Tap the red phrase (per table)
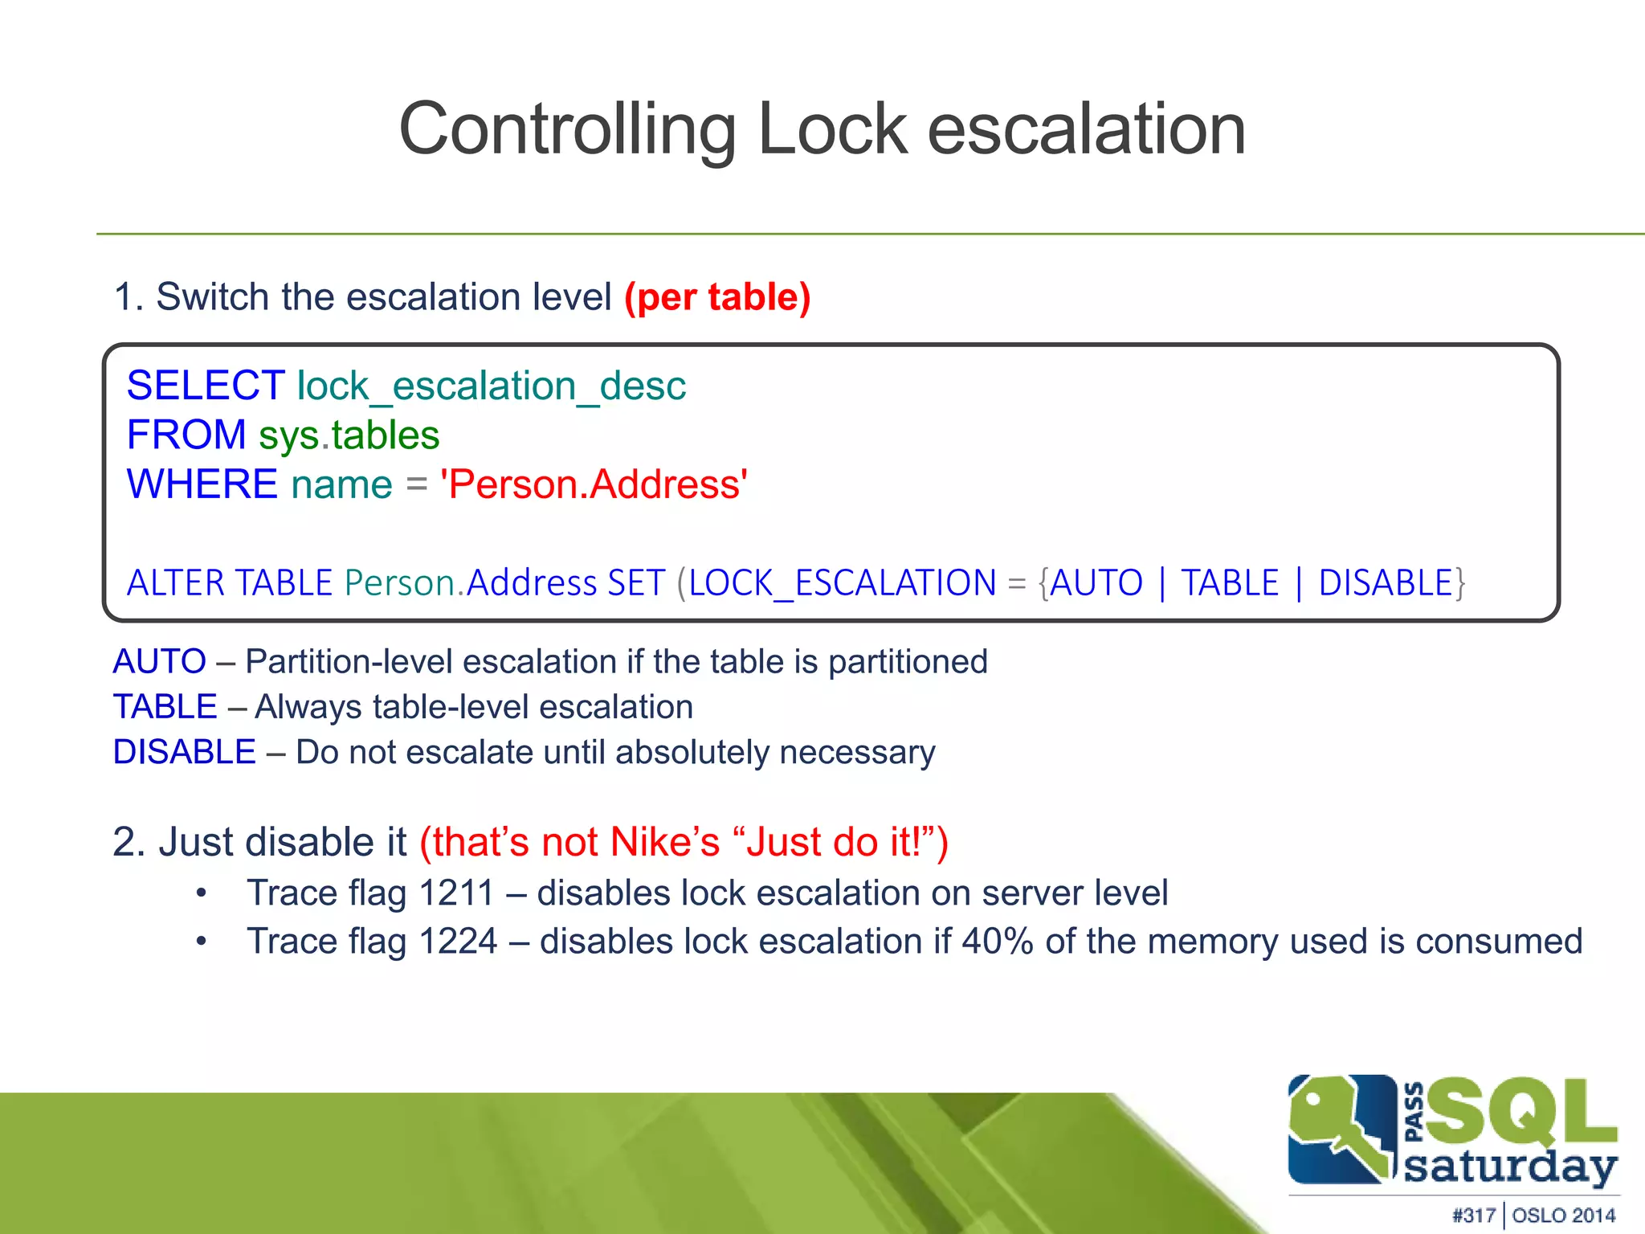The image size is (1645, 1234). coord(717,297)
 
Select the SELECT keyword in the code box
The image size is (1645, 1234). coord(206,386)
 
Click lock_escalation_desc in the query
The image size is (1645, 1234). coord(492,386)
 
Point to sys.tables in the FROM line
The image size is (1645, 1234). coord(349,435)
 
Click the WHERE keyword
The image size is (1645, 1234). coord(202,484)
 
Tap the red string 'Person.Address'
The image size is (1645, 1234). coord(594,484)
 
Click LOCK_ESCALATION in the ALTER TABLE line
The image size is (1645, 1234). coord(842,582)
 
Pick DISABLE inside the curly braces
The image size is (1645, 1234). coord(1386,582)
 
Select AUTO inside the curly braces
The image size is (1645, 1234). coord(1096,582)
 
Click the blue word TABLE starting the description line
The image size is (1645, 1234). coord(165,707)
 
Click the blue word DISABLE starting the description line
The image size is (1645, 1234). coord(184,752)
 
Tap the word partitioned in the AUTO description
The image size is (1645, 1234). coord(908,662)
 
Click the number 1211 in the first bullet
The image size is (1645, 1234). coord(456,893)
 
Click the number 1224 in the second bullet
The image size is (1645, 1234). coord(458,942)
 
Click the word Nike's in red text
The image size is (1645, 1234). coord(665,843)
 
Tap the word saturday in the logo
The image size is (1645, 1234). coord(1510,1167)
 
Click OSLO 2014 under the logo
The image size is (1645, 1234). coord(1563,1216)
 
